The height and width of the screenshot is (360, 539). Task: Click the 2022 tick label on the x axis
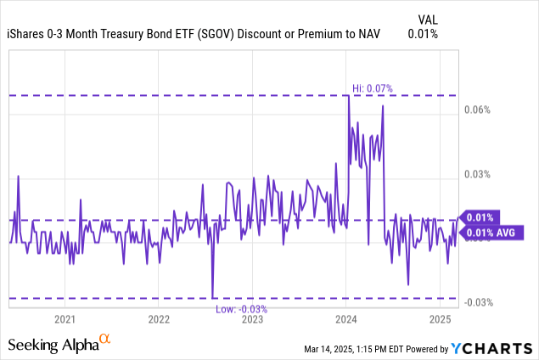pos(159,320)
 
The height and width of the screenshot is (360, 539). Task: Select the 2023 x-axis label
pos(252,320)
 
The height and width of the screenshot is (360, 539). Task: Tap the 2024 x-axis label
pos(346,320)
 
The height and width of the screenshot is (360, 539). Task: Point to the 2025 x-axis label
pos(440,320)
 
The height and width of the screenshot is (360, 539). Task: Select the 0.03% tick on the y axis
pos(480,174)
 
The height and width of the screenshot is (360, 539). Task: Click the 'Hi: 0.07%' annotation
pos(373,87)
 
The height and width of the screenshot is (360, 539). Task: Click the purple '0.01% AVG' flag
pos(489,233)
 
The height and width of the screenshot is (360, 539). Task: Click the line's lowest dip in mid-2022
pos(212,297)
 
